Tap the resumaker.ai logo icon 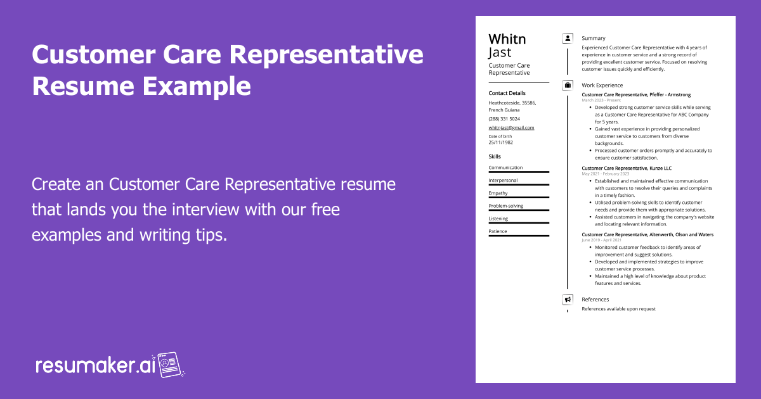pos(169,365)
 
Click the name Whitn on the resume pos(507,39)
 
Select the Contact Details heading pos(507,93)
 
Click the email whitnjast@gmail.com pos(511,127)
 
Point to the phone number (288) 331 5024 pos(504,118)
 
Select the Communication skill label pos(505,168)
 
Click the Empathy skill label pos(498,193)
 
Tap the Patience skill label pos(498,231)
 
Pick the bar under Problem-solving pos(518,210)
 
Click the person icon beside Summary pos(568,39)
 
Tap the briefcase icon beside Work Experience pos(568,85)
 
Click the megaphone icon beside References pos(568,300)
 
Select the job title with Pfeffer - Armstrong pos(636,94)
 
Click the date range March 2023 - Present pos(601,100)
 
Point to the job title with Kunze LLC pos(626,168)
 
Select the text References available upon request pos(618,309)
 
